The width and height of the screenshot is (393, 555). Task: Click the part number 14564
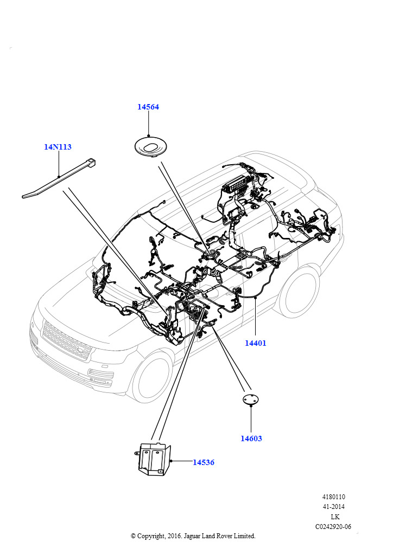(x=148, y=107)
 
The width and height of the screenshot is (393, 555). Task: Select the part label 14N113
(x=58, y=147)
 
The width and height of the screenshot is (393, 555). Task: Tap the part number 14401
(x=255, y=343)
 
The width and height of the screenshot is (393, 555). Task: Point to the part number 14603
(x=251, y=438)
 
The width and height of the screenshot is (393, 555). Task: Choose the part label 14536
(x=204, y=462)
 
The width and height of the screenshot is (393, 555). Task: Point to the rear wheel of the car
(x=299, y=291)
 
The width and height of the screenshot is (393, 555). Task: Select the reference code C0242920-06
(x=333, y=526)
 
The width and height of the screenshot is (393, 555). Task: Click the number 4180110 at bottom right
(x=334, y=497)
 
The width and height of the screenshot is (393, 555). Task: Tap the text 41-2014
(x=334, y=507)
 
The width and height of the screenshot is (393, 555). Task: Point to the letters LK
(x=334, y=517)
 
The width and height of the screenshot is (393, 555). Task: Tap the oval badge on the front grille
(x=82, y=352)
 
